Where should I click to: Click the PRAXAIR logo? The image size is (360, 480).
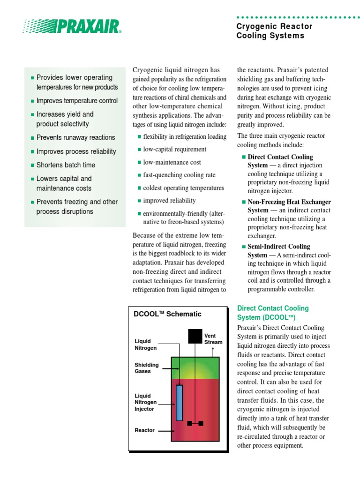(x=73, y=26)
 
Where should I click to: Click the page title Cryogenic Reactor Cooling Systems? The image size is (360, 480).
(x=274, y=31)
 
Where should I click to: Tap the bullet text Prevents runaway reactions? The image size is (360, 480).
(x=75, y=137)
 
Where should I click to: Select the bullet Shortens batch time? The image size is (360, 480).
(x=66, y=165)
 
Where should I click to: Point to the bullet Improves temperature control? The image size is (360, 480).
(x=77, y=101)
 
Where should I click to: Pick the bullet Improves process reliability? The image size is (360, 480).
(x=76, y=151)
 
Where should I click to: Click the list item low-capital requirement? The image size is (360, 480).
(x=174, y=149)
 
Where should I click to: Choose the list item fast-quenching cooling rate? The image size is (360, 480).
(x=179, y=175)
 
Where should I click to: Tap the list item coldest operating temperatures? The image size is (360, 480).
(x=183, y=188)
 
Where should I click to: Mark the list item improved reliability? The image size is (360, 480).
(x=169, y=201)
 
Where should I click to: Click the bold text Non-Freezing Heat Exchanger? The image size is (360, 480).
(x=289, y=202)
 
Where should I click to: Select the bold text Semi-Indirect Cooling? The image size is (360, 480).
(x=278, y=247)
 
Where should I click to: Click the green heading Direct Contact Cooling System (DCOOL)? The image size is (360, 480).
(x=273, y=313)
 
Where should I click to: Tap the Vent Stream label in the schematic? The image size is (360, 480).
(x=213, y=339)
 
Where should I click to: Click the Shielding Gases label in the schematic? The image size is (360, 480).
(x=147, y=368)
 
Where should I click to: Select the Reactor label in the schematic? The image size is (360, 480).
(x=144, y=430)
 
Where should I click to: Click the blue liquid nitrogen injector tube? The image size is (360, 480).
(x=179, y=403)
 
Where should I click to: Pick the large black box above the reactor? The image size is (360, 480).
(x=195, y=336)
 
